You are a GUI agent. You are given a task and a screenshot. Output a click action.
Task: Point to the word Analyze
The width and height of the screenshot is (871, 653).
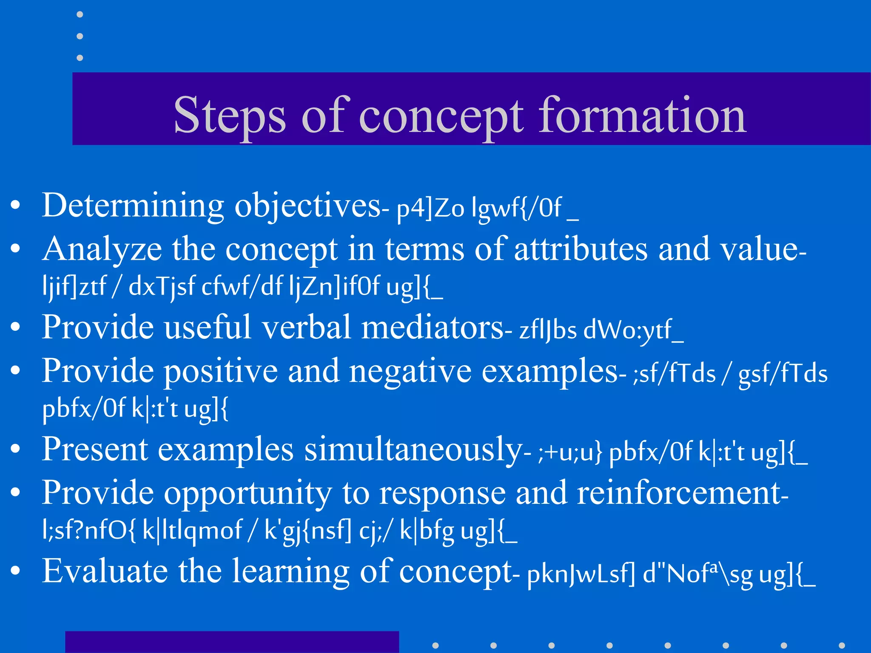pyautogui.click(x=102, y=250)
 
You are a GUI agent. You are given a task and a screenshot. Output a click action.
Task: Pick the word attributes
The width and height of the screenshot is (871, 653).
pyautogui.click(x=581, y=250)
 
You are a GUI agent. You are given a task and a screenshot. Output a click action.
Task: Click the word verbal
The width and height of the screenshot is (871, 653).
pyautogui.click(x=306, y=328)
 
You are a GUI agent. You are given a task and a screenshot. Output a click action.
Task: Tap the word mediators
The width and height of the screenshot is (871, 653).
pyautogui.click(x=432, y=328)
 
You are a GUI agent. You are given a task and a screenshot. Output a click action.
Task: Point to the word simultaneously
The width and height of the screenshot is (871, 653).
pyautogui.click(x=413, y=450)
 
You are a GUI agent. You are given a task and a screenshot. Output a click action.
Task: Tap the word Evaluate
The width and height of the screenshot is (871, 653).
pyautogui.click(x=105, y=571)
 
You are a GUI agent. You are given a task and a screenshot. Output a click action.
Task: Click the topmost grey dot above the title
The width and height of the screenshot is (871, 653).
pyautogui.click(x=80, y=15)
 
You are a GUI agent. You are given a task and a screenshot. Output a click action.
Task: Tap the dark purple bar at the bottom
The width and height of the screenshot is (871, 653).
pyautogui.click(x=232, y=642)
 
